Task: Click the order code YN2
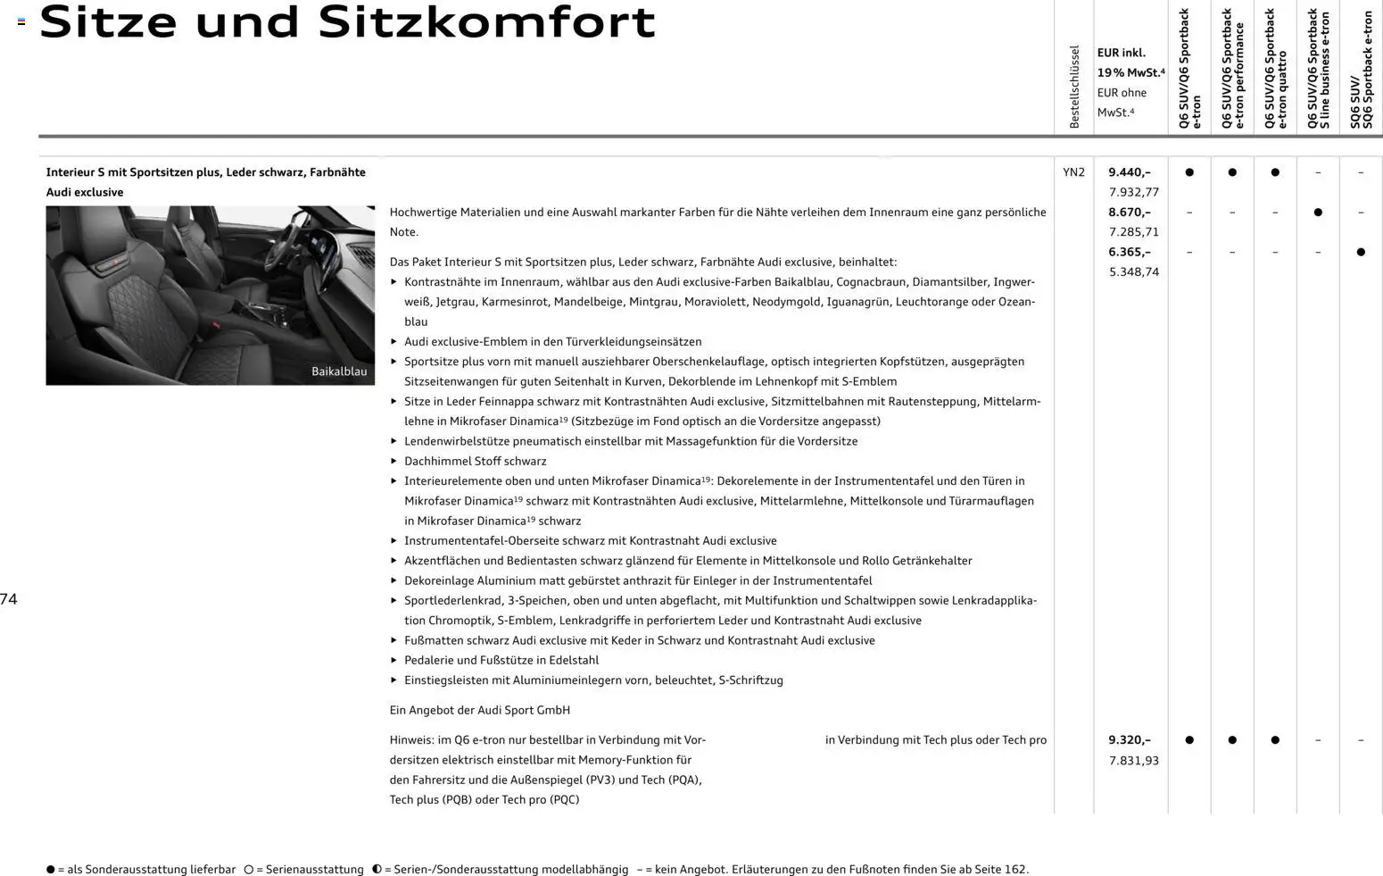click(1073, 172)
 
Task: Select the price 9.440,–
click(1129, 172)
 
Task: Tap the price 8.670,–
click(1129, 213)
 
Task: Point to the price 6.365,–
click(1129, 252)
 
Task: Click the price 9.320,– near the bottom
click(1129, 740)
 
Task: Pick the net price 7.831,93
click(1133, 761)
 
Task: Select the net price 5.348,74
click(1133, 272)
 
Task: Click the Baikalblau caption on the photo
click(339, 371)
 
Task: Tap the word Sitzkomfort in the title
click(486, 23)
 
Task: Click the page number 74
click(9, 599)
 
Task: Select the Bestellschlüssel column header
click(1074, 87)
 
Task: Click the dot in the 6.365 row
click(1361, 253)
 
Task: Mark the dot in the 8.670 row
click(1318, 213)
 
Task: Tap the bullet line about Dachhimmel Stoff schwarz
click(475, 462)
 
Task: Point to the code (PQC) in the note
click(564, 800)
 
